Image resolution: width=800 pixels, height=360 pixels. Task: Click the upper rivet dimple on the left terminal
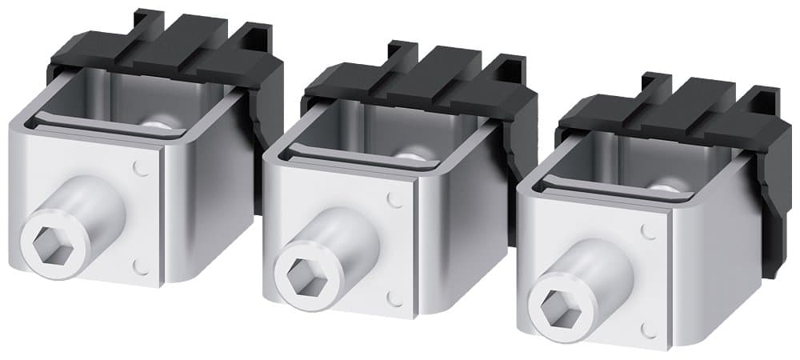[x=142, y=169]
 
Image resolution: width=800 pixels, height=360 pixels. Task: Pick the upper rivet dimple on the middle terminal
[x=394, y=200]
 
